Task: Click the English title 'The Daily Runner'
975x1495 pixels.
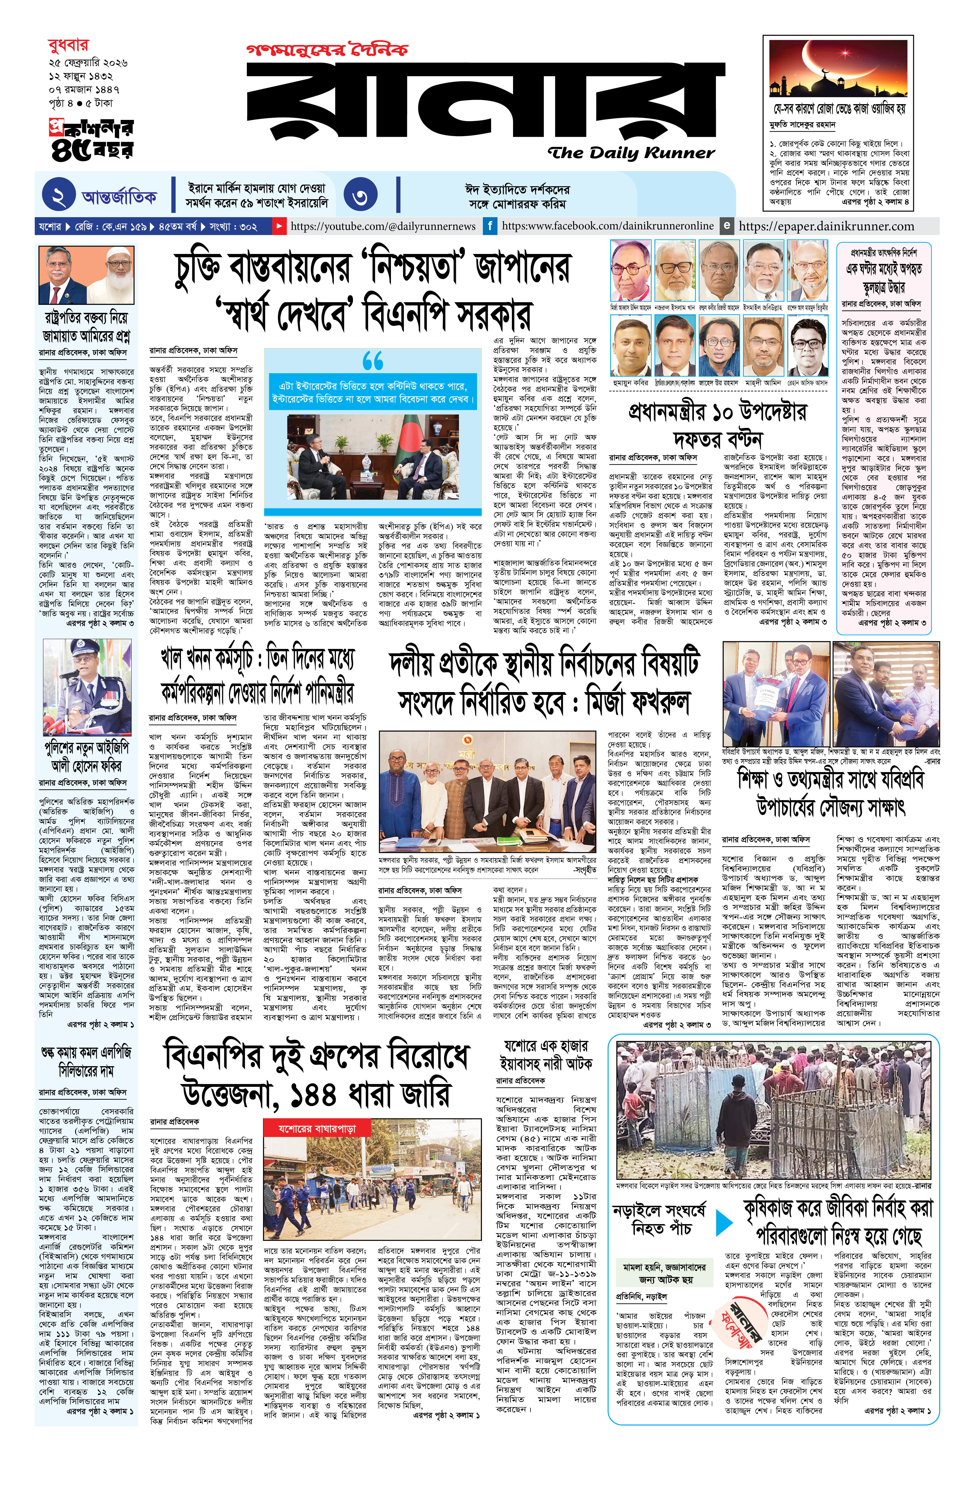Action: click(630, 153)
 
